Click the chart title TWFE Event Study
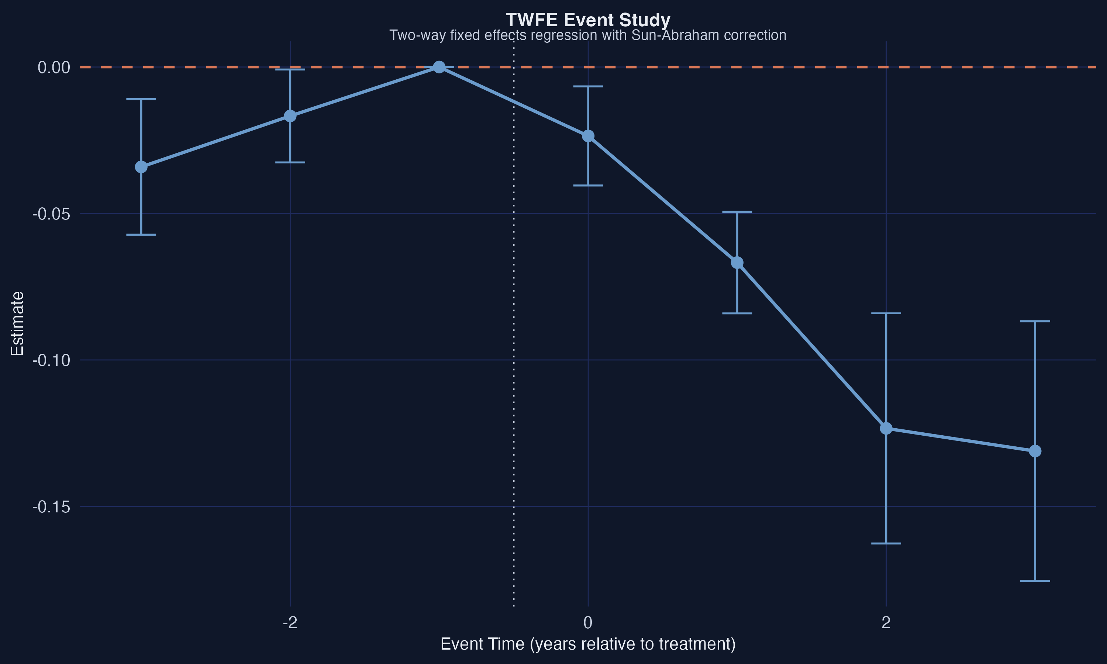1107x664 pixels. pos(587,20)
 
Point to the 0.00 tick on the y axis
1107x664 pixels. pos(54,68)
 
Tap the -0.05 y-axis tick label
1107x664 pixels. pos(51,214)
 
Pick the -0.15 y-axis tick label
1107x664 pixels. pos(51,507)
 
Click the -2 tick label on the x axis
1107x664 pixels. pos(290,622)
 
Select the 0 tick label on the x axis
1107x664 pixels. pos(588,622)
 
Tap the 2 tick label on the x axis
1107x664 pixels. pos(886,622)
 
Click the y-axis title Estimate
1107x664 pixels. pos(17,324)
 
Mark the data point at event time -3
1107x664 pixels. pos(141,167)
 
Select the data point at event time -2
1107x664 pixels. pos(290,116)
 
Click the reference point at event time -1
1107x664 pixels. pos(439,67)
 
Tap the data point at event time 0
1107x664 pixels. pos(588,136)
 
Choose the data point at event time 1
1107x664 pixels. pos(737,263)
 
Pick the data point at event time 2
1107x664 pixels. pos(886,429)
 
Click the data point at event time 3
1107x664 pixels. pos(1035,451)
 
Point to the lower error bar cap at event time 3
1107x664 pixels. pos(1035,581)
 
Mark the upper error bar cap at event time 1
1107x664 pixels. pos(737,212)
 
